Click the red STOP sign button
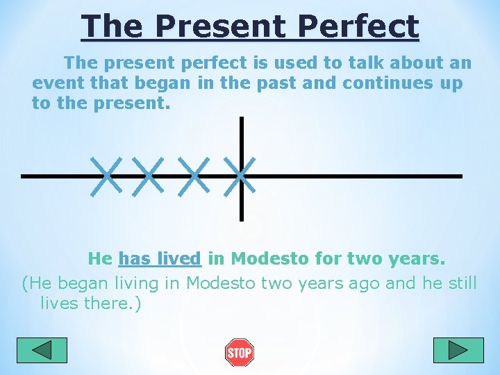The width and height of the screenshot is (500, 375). click(x=239, y=353)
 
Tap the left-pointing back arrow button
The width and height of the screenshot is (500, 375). click(x=42, y=350)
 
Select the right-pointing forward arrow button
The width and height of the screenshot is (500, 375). click(x=458, y=350)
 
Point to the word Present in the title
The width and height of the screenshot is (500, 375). click(x=220, y=26)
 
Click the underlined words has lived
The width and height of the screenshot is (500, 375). click(x=160, y=259)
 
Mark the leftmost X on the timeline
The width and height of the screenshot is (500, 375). click(x=105, y=176)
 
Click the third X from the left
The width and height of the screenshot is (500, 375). click(x=194, y=176)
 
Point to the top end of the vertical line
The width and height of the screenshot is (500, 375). click(x=241, y=119)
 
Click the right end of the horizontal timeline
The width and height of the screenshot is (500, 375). click(x=460, y=176)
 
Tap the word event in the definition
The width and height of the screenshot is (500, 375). click(x=56, y=83)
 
